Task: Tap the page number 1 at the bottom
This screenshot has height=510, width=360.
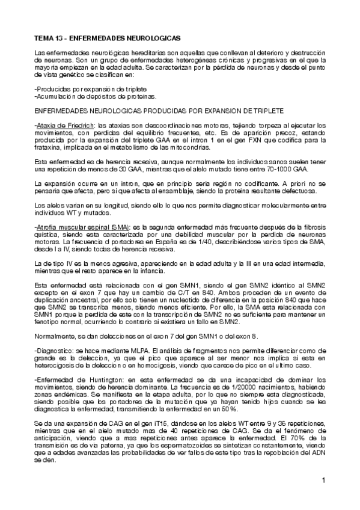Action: coord(323,481)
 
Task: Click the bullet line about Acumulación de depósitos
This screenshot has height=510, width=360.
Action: coord(88,96)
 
